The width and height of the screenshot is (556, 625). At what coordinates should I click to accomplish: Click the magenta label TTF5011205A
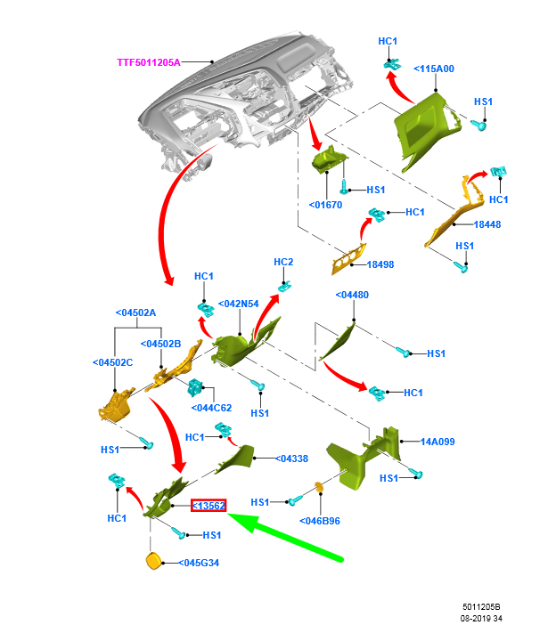click(149, 62)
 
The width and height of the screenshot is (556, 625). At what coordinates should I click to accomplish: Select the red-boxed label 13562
click(208, 506)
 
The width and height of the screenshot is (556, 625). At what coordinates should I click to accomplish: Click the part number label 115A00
click(434, 69)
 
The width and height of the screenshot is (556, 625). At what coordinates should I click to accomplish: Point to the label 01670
click(325, 205)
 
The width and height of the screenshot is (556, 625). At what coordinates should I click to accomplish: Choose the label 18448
click(487, 224)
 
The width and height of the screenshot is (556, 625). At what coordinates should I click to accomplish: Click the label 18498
click(380, 264)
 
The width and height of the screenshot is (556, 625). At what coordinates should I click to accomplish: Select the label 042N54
click(238, 304)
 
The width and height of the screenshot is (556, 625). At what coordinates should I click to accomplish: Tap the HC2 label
click(283, 262)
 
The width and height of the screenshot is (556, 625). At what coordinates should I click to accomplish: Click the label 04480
click(352, 295)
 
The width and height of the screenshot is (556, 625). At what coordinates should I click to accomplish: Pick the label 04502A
click(135, 312)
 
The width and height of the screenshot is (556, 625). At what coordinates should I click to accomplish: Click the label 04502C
click(112, 362)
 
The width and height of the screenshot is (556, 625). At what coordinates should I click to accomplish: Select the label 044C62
click(211, 408)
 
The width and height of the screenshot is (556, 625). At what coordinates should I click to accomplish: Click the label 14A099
click(437, 441)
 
